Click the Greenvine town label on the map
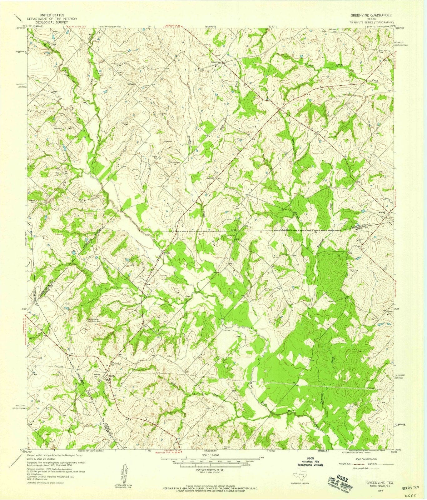(x=216, y=62)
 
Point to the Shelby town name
(x=112, y=376)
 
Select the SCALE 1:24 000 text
(x=213, y=456)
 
